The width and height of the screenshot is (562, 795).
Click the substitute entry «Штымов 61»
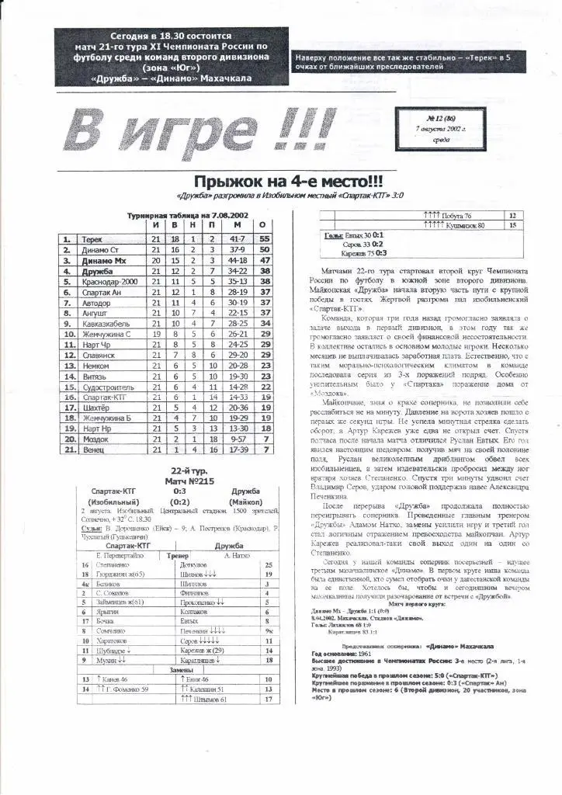pyautogui.click(x=204, y=700)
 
